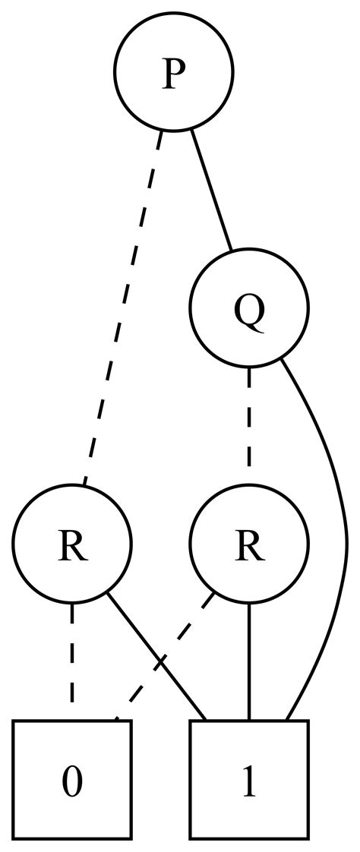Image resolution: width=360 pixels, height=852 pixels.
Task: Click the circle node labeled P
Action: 174,72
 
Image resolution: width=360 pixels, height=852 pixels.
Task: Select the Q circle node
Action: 249,308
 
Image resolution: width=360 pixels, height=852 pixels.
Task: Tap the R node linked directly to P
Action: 72,544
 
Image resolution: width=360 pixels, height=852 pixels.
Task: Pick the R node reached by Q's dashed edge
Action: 249,544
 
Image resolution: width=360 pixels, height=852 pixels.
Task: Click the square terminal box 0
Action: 72,780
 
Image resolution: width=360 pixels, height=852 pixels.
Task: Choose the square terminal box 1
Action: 249,780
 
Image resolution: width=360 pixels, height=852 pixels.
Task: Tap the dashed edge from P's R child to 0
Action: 72,661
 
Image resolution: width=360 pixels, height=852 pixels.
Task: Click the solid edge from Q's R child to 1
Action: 249,661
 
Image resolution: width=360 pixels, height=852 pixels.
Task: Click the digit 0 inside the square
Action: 72,781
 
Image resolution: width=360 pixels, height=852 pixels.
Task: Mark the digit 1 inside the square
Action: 249,781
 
